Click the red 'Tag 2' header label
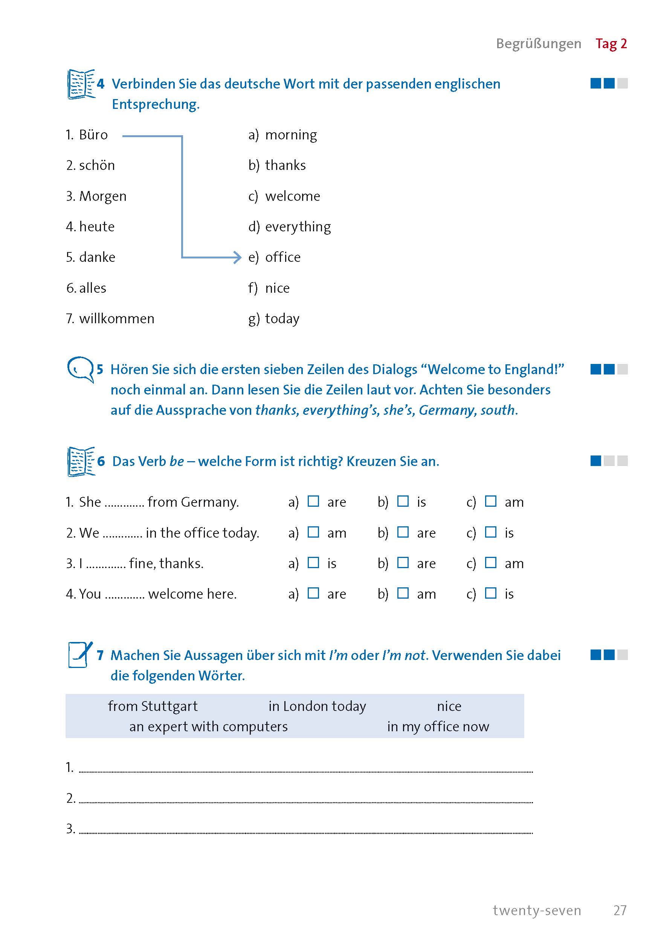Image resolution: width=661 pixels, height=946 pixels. click(x=611, y=44)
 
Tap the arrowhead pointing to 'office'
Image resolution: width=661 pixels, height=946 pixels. click(x=237, y=258)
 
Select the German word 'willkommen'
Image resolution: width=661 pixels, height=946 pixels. click(x=116, y=318)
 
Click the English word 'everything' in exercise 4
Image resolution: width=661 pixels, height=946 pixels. click(x=298, y=227)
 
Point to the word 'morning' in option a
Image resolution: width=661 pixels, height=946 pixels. click(x=291, y=135)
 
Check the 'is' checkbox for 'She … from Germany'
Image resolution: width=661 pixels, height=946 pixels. click(x=402, y=501)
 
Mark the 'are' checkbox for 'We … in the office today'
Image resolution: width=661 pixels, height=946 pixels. click(x=402, y=532)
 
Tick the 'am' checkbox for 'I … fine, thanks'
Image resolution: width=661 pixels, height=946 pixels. click(x=490, y=562)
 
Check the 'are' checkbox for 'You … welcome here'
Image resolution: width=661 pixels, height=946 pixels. click(x=313, y=593)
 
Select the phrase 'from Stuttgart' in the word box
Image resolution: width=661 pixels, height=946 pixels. click(x=153, y=706)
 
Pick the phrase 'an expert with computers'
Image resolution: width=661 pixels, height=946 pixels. click(x=208, y=726)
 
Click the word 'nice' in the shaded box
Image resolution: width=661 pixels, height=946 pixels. click(x=449, y=706)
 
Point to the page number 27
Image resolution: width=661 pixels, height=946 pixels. click(x=620, y=910)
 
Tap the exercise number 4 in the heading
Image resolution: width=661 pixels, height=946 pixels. click(x=101, y=84)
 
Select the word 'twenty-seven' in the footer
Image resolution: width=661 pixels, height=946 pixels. click(x=537, y=910)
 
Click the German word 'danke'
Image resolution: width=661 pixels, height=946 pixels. click(x=97, y=257)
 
